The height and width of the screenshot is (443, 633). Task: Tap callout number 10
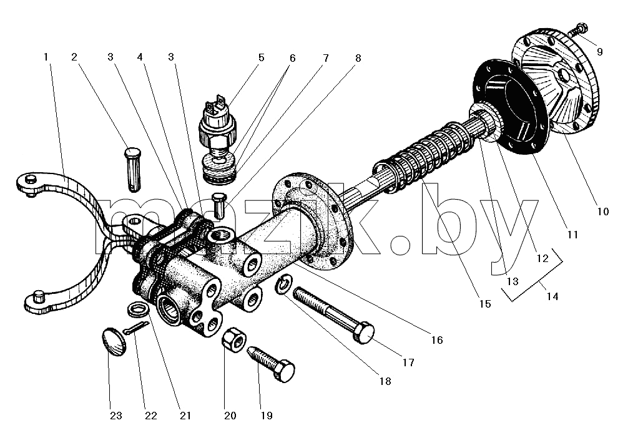tap(602, 212)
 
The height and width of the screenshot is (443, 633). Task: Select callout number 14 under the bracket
tap(552, 296)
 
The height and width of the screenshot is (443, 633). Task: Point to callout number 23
tap(116, 416)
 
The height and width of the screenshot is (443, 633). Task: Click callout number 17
tap(408, 363)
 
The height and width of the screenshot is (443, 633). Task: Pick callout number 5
tap(261, 57)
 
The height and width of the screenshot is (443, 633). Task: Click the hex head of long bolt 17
tap(364, 333)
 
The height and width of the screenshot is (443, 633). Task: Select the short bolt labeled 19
tap(270, 363)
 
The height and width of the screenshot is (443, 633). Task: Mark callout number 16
tap(437, 341)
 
